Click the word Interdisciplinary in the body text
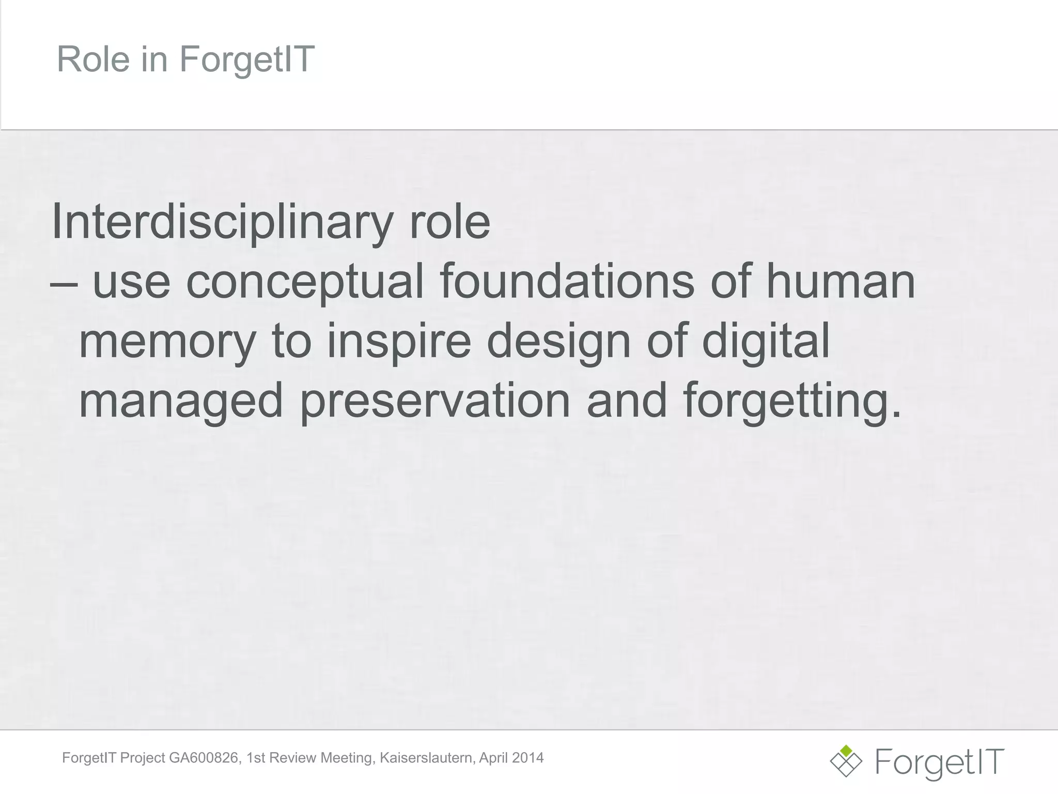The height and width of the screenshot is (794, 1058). pyautogui.click(x=222, y=222)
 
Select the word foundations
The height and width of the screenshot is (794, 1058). pyautogui.click(x=567, y=282)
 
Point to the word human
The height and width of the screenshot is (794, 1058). pyautogui.click(x=841, y=282)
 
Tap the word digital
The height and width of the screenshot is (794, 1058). pyautogui.click(x=766, y=341)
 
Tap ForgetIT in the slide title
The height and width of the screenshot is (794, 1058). pyautogui.click(x=247, y=59)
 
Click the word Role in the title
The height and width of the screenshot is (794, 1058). pyautogui.click(x=93, y=59)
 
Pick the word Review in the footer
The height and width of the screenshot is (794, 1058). pyautogui.click(x=293, y=758)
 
